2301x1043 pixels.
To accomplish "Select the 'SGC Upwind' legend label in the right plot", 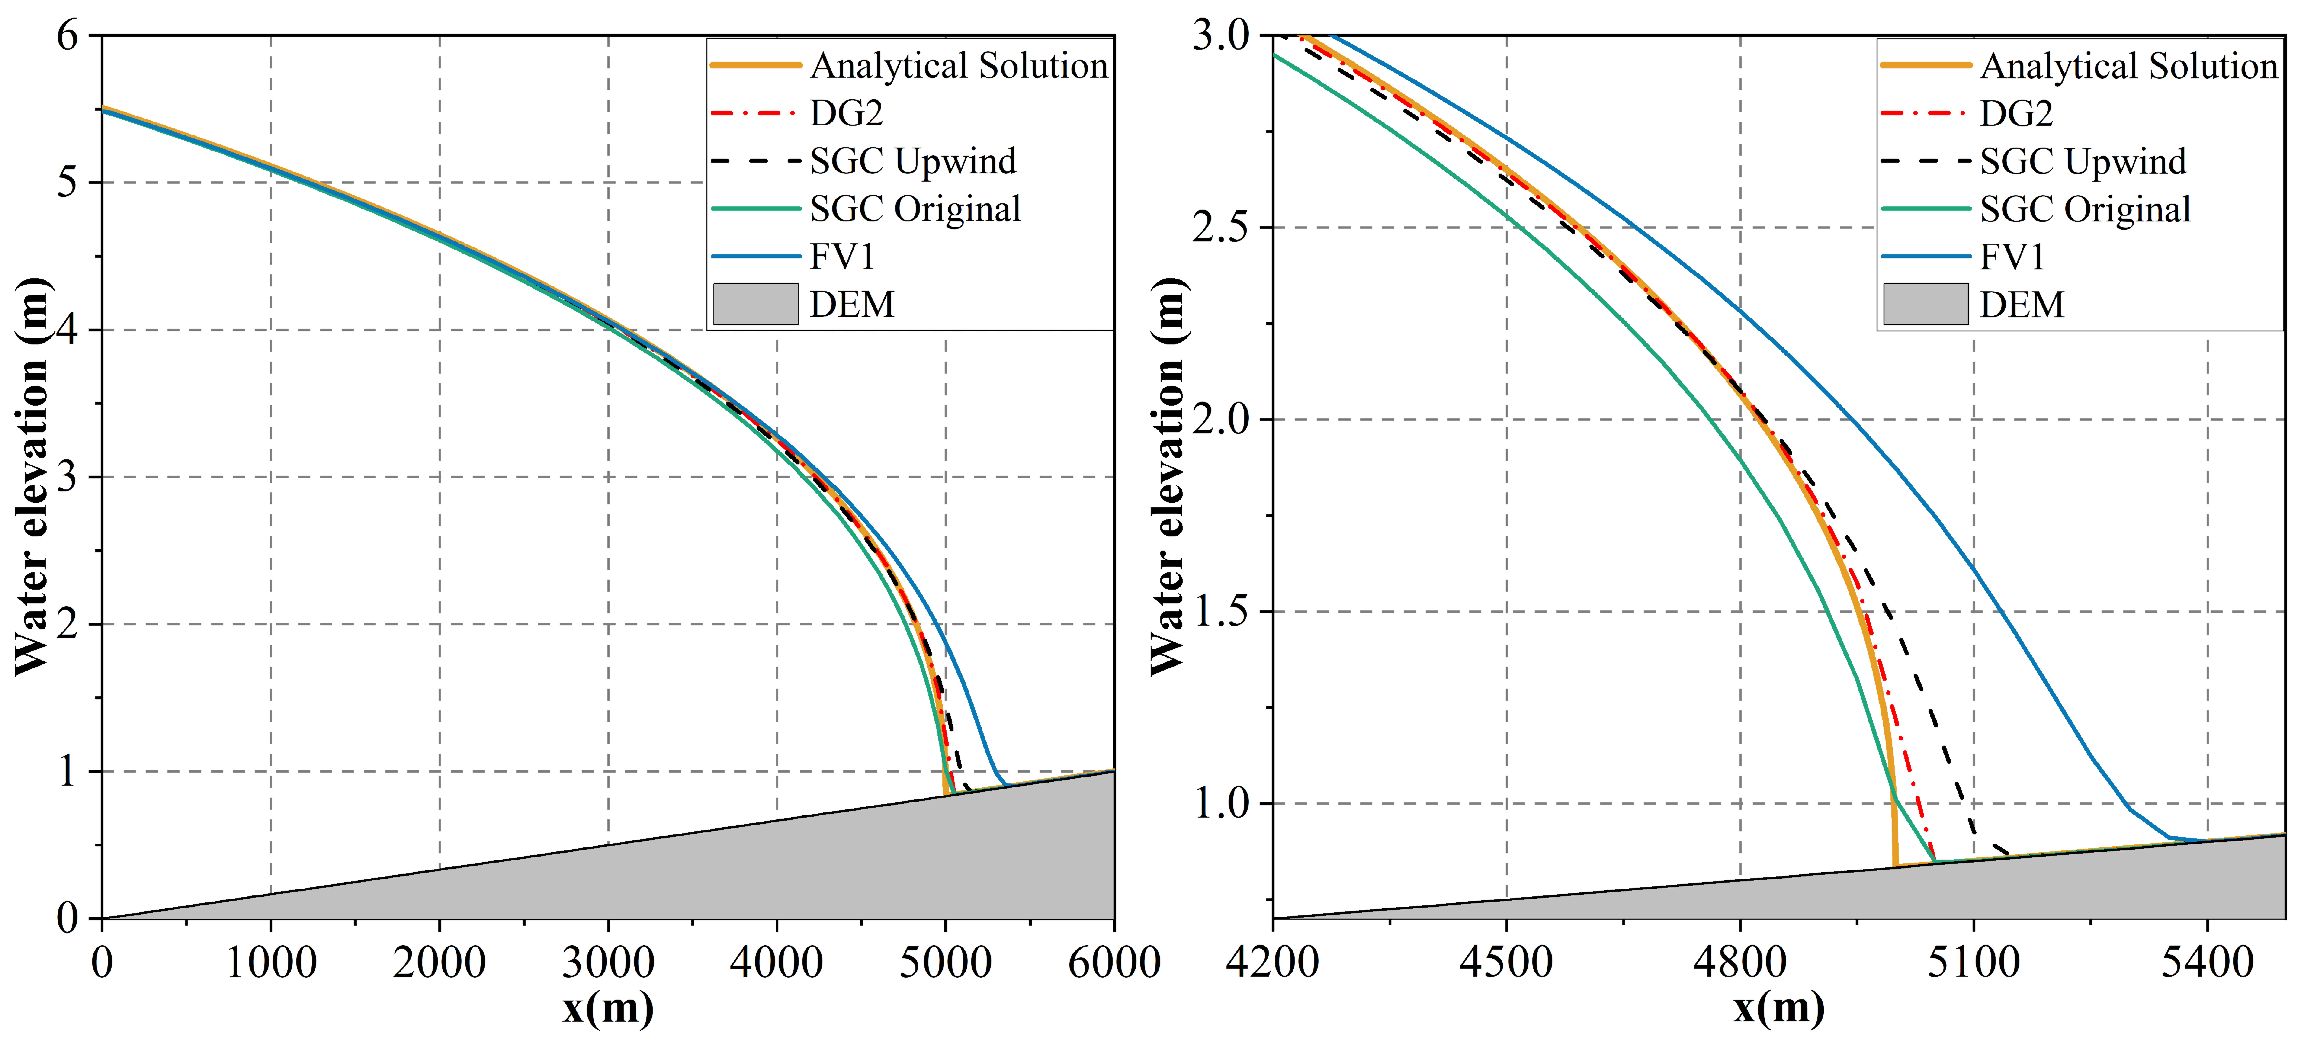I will [2083, 162].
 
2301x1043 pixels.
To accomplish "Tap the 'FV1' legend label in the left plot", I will [841, 257].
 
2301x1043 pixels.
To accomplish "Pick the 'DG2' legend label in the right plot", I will [2016, 113].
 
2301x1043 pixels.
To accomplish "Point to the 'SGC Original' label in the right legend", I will [2085, 210].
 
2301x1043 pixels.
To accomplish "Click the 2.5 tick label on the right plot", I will [1220, 228].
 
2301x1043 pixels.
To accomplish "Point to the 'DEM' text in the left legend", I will [851, 305].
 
